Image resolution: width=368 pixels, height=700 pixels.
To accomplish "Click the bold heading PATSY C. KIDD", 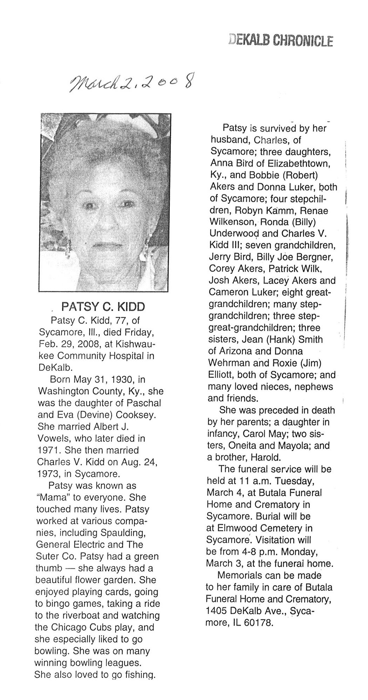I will [x=103, y=307].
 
